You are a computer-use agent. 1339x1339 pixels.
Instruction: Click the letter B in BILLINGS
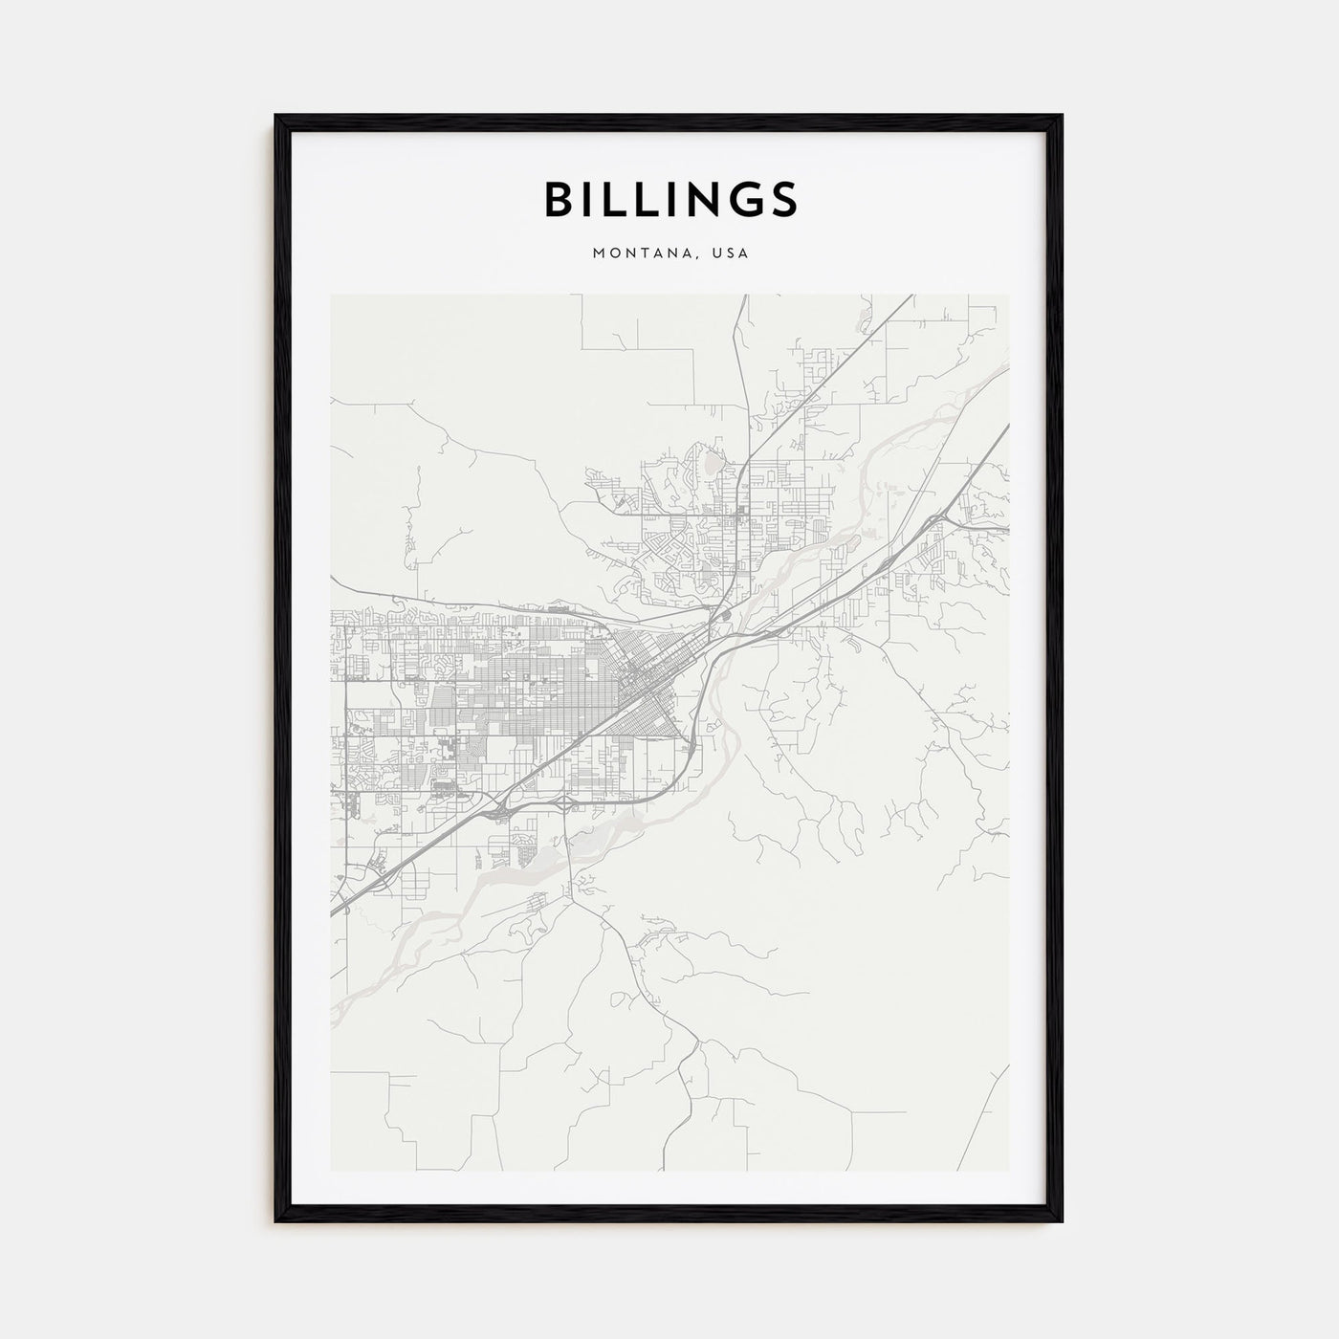[x=560, y=199]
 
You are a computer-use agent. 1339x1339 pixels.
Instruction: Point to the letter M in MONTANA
[x=599, y=253]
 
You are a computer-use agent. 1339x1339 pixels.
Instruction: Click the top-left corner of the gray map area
[x=331, y=296]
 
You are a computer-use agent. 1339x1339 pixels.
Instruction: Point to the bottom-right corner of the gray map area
[x=1008, y=1170]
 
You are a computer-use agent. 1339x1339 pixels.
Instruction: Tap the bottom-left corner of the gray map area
[x=331, y=1170]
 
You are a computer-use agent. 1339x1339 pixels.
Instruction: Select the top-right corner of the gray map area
[x=1008, y=296]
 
